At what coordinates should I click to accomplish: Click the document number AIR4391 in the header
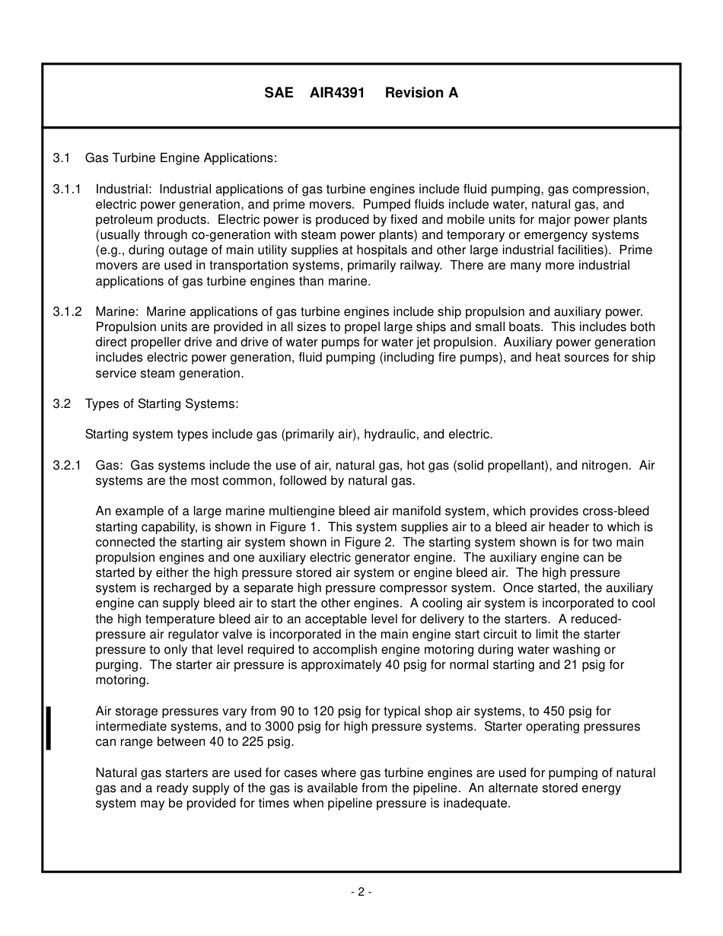click(x=337, y=93)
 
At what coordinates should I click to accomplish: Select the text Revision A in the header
click(x=422, y=93)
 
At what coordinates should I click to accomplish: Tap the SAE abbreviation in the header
click(x=279, y=93)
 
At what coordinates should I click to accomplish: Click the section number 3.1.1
click(x=67, y=189)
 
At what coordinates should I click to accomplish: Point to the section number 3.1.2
click(x=67, y=312)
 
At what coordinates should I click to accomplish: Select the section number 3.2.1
click(x=67, y=466)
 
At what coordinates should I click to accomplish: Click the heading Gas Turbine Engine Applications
click(x=181, y=158)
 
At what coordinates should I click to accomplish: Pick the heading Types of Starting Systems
click(x=161, y=404)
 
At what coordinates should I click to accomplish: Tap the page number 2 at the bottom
click(x=361, y=893)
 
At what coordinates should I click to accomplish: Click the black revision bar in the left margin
click(x=49, y=727)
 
